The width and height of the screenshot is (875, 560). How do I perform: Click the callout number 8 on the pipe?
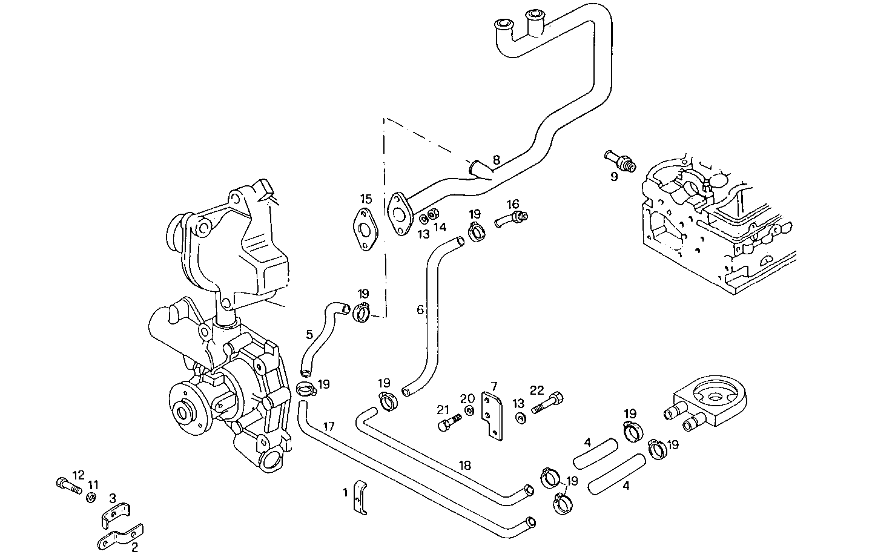pyautogui.click(x=496, y=160)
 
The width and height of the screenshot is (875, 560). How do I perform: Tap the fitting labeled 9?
pyautogui.click(x=618, y=160)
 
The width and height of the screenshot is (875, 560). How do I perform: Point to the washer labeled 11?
pyautogui.click(x=91, y=497)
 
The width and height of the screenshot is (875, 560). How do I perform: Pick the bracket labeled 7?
pyautogui.click(x=492, y=414)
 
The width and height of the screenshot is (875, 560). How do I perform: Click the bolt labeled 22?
pyautogui.click(x=549, y=402)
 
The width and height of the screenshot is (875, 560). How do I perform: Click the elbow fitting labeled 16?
pyautogui.click(x=510, y=218)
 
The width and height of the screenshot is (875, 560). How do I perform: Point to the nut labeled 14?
pyautogui.click(x=433, y=214)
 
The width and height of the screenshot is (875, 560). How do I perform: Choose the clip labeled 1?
pyautogui.click(x=361, y=498)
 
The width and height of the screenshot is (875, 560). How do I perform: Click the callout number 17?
pyautogui.click(x=328, y=426)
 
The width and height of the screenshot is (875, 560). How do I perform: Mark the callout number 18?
pyautogui.click(x=464, y=466)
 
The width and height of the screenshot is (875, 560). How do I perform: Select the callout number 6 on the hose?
pyautogui.click(x=420, y=310)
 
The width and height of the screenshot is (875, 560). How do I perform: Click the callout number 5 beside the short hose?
pyautogui.click(x=309, y=334)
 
